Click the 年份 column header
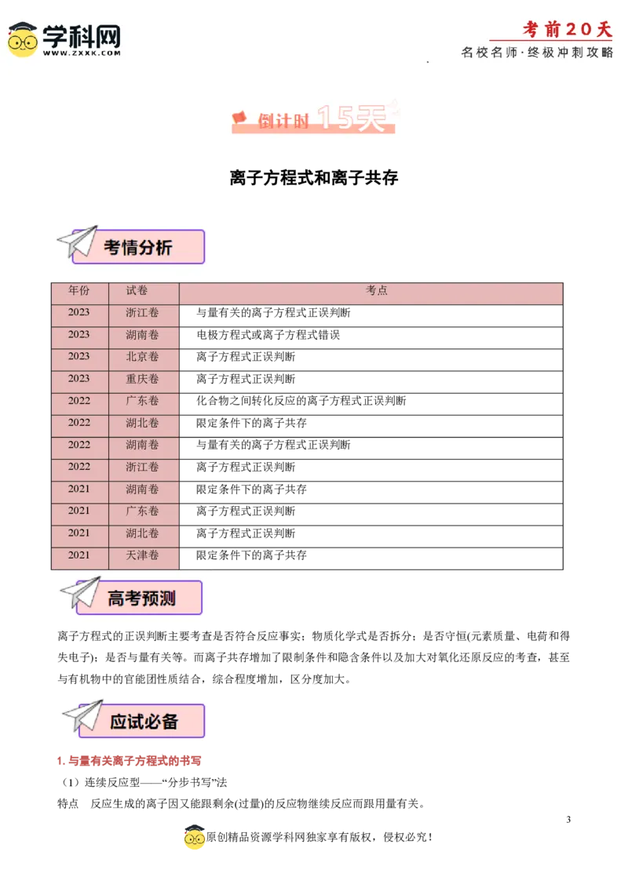78,291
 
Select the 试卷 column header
137,291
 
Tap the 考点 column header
377,291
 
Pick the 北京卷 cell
142,357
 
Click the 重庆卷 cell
142,379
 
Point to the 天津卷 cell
142,555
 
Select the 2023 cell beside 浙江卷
78,313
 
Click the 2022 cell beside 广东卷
78,401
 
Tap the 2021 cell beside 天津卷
78,555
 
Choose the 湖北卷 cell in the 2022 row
142,423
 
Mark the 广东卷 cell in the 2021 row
142,511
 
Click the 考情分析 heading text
138,248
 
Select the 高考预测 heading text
141,599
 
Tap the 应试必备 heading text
144,722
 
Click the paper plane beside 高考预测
81,593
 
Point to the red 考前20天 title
567,30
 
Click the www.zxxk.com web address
82,53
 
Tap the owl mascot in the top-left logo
22,39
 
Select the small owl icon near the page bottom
195,839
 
